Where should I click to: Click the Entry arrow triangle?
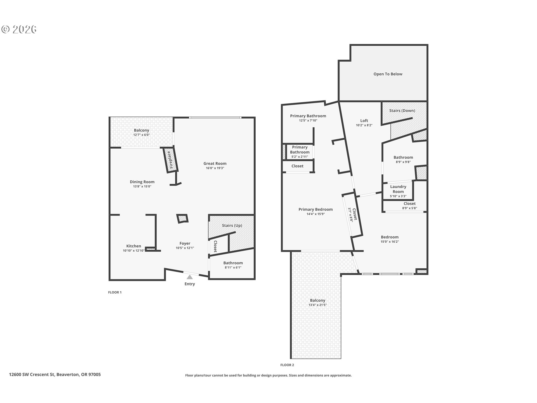[x=190, y=277]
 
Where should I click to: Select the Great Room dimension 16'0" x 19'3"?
[x=215, y=168]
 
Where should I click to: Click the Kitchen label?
[x=134, y=246]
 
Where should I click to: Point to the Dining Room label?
[x=142, y=182]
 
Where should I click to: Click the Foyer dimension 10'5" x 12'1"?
[x=185, y=248]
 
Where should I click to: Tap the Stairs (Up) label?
[x=232, y=226]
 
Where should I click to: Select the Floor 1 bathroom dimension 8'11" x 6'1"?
[x=233, y=268]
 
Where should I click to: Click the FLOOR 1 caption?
[x=115, y=292]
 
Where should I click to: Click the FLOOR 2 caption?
[x=287, y=365]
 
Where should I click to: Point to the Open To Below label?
[x=388, y=74]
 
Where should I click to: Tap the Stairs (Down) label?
[x=402, y=111]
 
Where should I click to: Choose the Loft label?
[x=364, y=121]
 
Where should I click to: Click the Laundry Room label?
[x=398, y=189]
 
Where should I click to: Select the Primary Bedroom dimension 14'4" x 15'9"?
[x=315, y=214]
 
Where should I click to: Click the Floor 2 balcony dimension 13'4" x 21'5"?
[x=317, y=305]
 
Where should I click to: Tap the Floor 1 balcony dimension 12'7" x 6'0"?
[x=141, y=135]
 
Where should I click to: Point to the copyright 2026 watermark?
[x=19, y=29]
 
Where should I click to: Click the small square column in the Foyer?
[x=182, y=219]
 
